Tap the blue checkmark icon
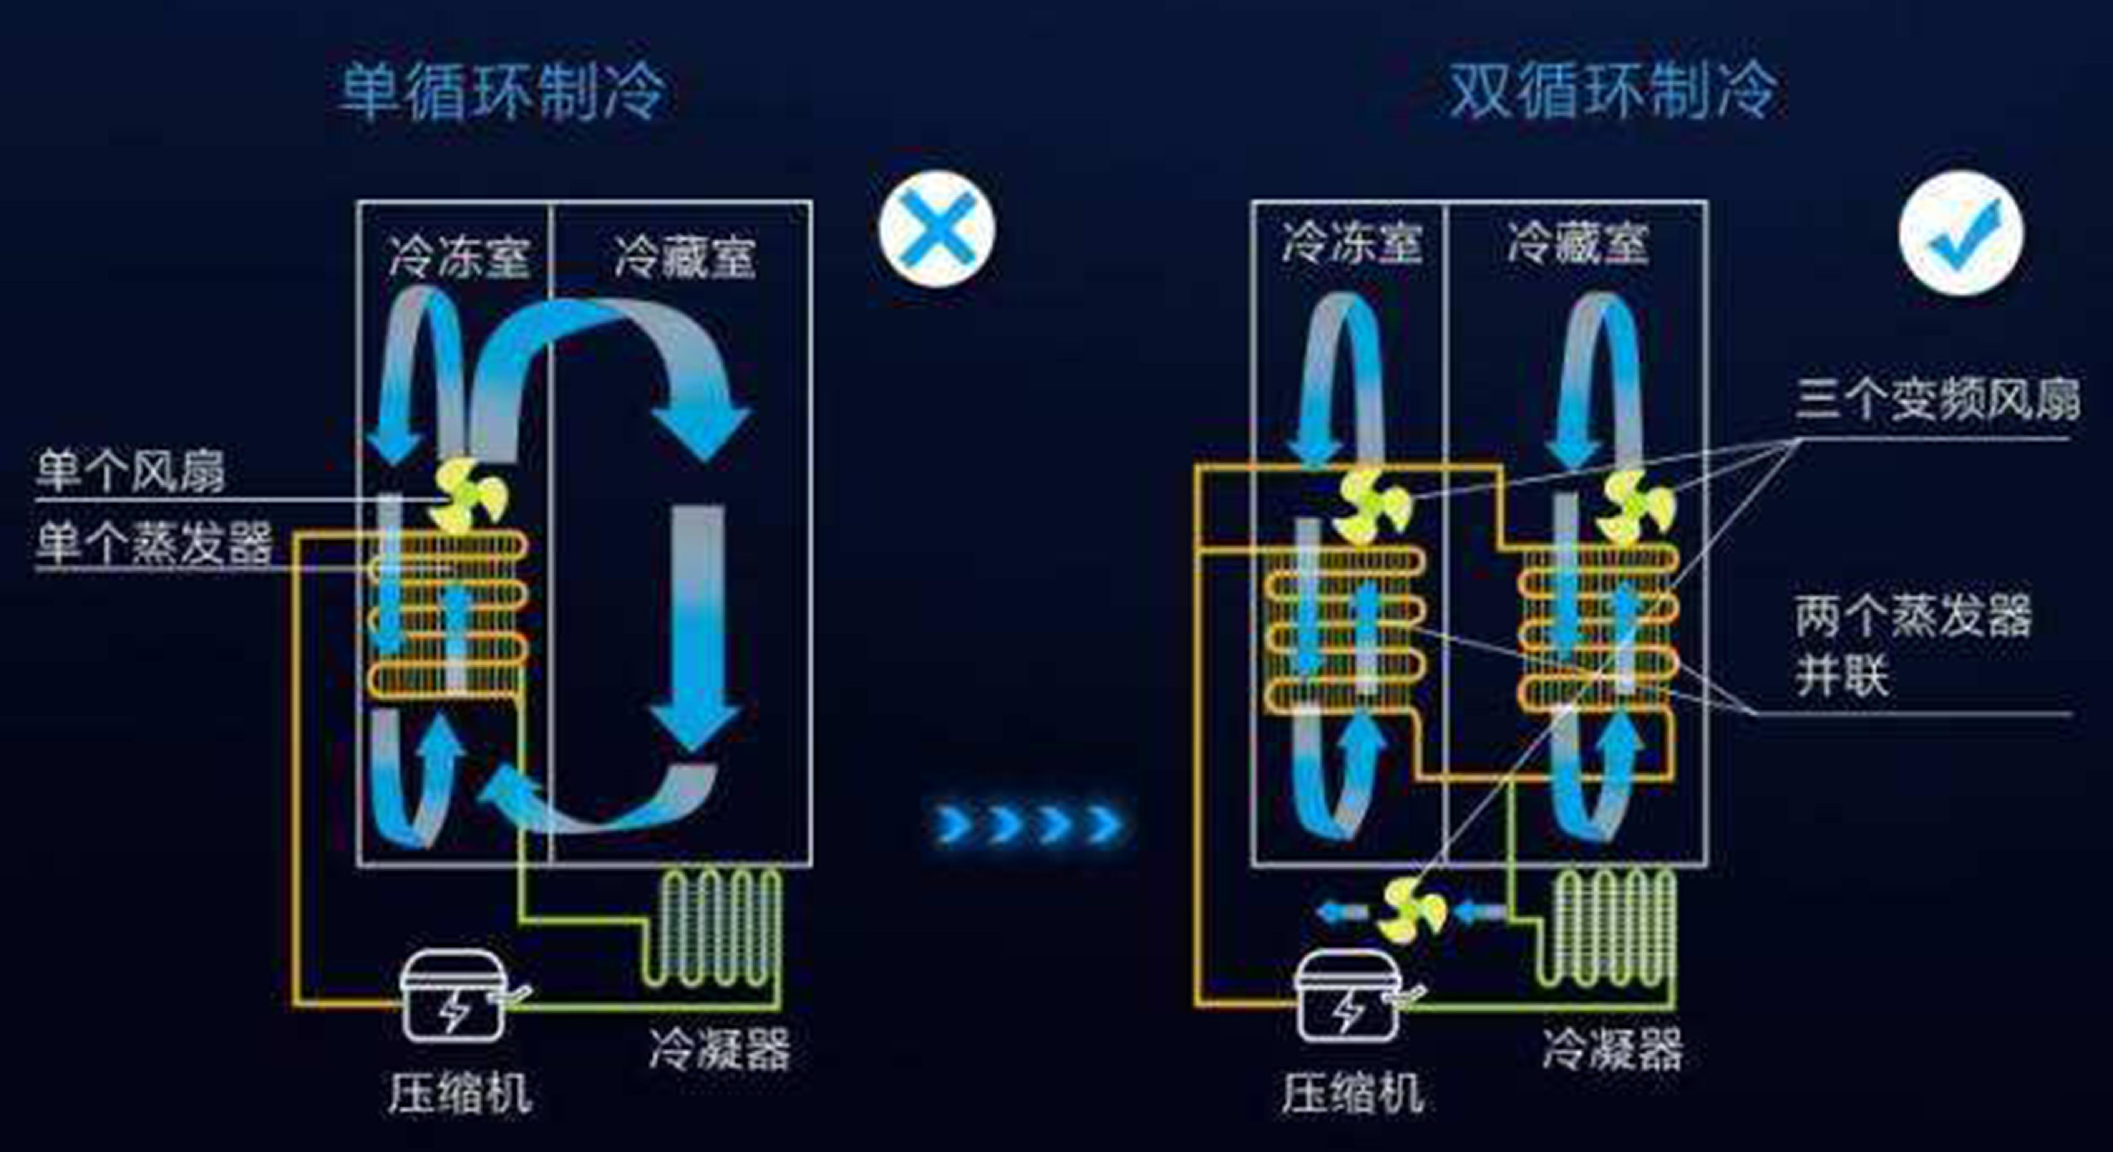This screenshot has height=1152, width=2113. (1960, 232)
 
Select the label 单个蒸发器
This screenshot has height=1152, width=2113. (153, 543)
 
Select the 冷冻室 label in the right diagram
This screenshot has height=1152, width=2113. (1351, 243)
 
